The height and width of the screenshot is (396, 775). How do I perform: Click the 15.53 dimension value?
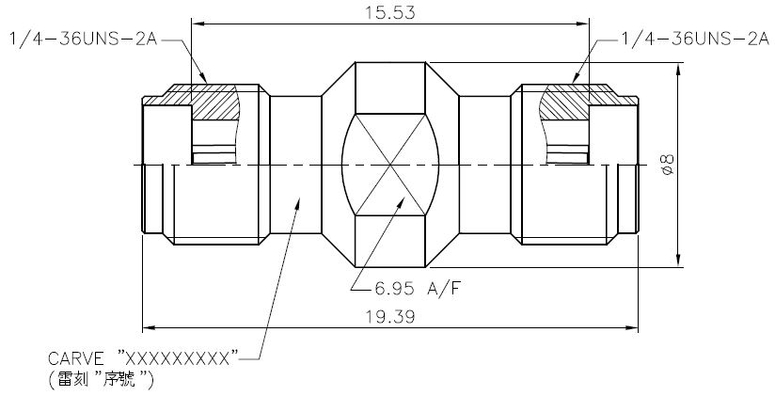pyautogui.click(x=389, y=12)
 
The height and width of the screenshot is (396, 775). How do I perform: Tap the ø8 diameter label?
pyautogui.click(x=666, y=166)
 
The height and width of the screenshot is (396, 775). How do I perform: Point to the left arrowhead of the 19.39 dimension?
pyautogui.click(x=147, y=327)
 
